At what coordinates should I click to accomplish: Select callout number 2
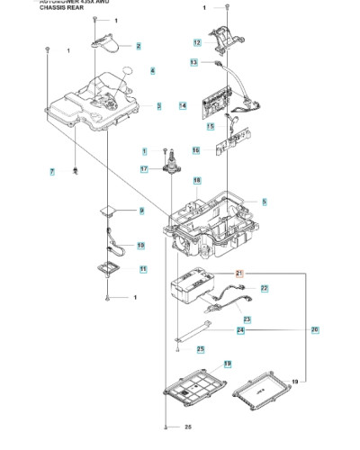[139, 45]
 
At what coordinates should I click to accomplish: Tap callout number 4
[152, 71]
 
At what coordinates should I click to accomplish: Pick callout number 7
[52, 171]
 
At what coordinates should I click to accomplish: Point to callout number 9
[140, 211]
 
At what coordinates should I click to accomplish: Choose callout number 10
[140, 245]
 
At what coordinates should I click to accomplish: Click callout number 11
[143, 269]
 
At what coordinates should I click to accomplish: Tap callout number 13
[193, 63]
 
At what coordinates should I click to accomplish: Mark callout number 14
[182, 106]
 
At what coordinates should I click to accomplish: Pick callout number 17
[144, 168]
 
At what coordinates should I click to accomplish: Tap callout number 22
[265, 288]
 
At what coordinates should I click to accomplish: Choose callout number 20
[315, 329]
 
